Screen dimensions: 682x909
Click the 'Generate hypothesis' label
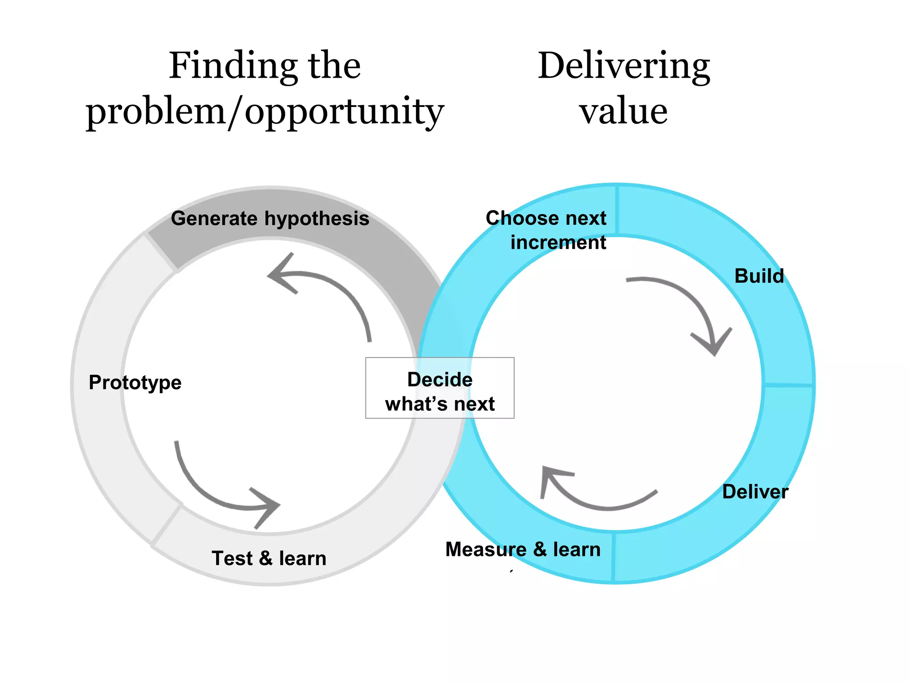270,218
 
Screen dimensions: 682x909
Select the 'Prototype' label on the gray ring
135,382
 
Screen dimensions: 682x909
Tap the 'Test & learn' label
269,558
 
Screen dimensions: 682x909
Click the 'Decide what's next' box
439,388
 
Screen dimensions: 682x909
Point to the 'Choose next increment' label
546,230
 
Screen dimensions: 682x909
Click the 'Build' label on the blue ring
759,276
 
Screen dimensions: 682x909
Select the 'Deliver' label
755,492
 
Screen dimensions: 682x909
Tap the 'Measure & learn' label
523,549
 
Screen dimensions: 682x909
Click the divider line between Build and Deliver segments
788,385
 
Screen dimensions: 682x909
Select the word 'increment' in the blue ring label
558,242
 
